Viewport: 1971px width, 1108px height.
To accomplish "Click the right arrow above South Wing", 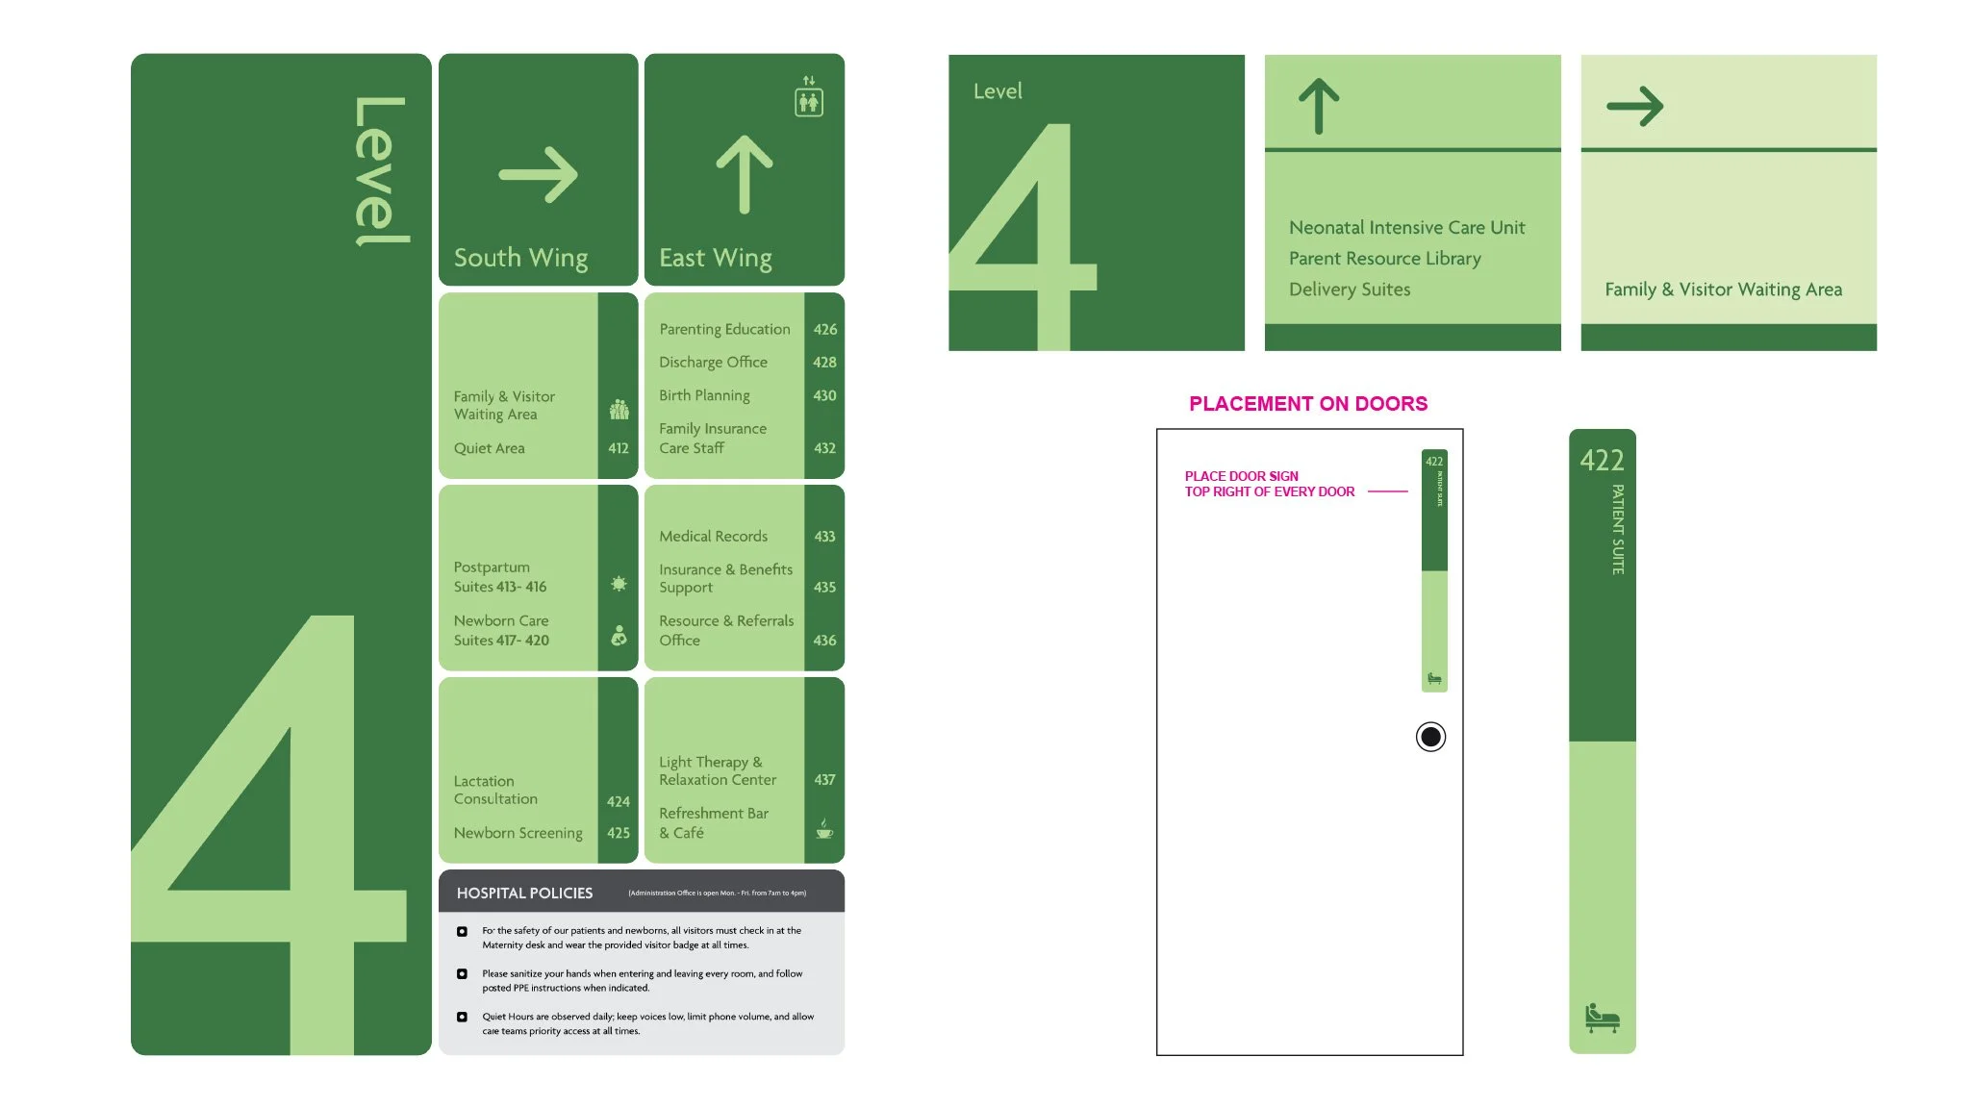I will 538,175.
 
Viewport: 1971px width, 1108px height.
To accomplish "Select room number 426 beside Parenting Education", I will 824,329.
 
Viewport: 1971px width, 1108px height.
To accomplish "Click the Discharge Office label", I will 713,363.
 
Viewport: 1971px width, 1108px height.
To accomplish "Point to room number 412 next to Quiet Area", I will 618,448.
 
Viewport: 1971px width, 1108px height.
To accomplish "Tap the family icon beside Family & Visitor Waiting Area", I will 619,411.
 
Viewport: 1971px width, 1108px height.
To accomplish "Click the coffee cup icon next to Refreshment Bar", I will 824,829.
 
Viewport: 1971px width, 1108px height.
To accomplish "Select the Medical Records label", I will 713,537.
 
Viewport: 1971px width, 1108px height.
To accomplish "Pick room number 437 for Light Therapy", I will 824,780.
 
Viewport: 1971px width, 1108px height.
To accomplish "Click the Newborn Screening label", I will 518,833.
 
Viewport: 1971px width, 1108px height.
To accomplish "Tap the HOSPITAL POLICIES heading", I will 524,894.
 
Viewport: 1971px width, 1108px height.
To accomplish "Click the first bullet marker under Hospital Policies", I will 462,931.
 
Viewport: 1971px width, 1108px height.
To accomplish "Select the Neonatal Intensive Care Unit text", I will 1406,228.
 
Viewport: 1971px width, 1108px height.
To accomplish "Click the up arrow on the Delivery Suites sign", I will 1318,106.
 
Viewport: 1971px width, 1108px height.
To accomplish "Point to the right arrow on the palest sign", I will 1634,106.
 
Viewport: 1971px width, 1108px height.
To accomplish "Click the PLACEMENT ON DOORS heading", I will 1307,404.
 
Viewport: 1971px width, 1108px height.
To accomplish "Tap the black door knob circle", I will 1430,737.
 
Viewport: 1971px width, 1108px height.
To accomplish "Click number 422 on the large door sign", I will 1601,461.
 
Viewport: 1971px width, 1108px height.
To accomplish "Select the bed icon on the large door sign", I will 1602,1018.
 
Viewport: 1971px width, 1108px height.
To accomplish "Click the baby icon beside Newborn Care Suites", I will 619,635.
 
